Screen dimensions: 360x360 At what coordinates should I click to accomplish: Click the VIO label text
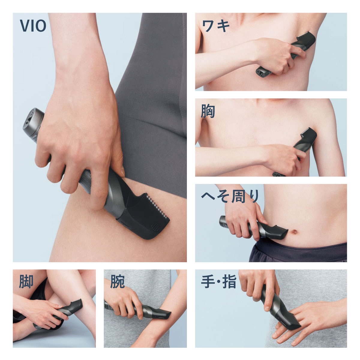(33, 26)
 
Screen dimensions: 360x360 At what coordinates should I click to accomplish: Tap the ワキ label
(216, 26)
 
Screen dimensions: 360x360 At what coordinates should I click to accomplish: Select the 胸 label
(208, 111)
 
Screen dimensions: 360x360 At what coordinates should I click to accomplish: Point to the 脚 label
(26, 281)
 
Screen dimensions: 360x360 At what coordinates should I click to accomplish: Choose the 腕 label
(117, 281)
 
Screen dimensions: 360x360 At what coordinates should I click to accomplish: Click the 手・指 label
(219, 281)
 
